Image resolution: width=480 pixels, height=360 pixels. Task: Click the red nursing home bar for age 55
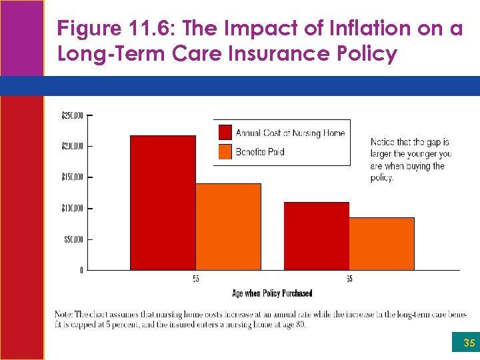click(163, 203)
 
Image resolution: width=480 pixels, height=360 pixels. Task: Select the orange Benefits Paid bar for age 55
click(228, 227)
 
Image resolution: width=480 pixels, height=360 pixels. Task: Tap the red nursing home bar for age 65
click(316, 236)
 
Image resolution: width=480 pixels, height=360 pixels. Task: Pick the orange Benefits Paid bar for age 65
click(381, 243)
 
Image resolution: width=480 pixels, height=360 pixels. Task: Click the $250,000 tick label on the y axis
click(72, 116)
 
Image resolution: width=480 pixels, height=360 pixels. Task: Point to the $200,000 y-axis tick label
click(72, 146)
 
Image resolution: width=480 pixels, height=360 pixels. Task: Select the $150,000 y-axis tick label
click(72, 177)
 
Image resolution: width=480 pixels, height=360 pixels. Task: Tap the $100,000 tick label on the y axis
click(72, 209)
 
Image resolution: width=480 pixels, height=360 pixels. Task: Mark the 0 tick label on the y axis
click(81, 271)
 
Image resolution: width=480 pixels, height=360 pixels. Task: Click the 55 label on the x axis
click(195, 279)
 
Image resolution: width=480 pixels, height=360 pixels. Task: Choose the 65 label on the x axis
click(349, 279)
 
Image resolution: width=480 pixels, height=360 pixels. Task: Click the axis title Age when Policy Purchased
click(272, 293)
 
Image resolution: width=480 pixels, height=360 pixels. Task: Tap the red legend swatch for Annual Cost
click(225, 133)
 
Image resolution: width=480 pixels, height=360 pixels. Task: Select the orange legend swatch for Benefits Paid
click(225, 151)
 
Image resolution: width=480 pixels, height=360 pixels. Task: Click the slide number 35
click(469, 344)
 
